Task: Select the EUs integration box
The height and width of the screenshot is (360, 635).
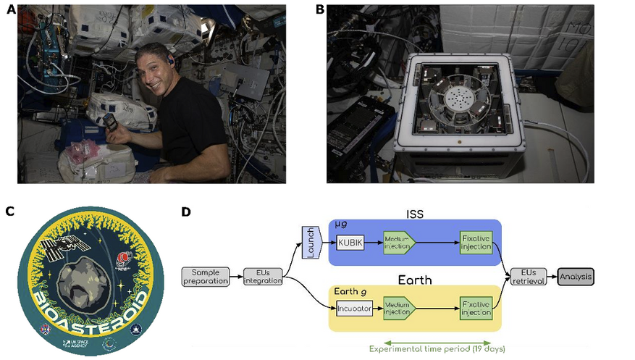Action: click(258, 277)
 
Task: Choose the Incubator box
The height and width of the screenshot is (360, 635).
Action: click(354, 308)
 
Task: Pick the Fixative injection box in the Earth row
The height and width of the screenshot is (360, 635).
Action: click(476, 308)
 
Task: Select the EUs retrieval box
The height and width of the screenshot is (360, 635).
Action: click(529, 276)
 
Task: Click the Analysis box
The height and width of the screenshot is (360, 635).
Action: click(576, 276)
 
